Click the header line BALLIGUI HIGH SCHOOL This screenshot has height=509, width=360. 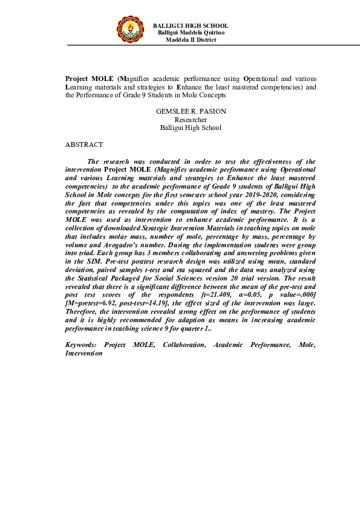tap(191, 25)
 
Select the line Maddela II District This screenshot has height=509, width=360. tap(191, 39)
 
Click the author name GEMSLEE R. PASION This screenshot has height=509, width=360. tap(191, 112)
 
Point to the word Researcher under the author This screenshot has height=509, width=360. tap(191, 120)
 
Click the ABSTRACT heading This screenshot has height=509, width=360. tap(84, 145)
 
